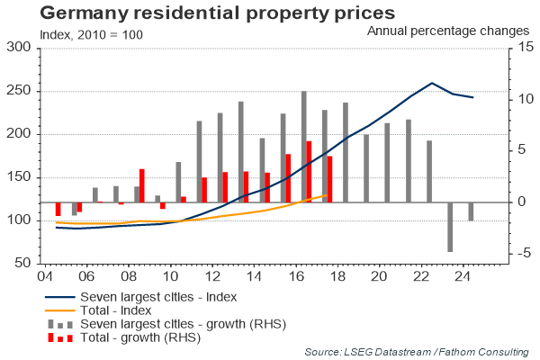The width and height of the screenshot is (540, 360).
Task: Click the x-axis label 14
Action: coord(255,276)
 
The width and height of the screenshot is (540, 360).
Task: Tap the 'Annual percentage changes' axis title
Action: coord(447,31)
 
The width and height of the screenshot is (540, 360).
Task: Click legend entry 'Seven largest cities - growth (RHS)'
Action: coord(178,323)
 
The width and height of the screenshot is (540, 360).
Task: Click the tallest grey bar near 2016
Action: coord(304,146)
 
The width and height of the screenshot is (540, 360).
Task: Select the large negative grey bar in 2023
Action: coord(449,227)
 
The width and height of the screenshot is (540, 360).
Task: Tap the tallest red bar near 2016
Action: coord(309,171)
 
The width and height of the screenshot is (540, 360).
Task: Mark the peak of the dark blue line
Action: coord(433,83)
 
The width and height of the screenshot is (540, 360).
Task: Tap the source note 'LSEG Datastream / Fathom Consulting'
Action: coord(420,350)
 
